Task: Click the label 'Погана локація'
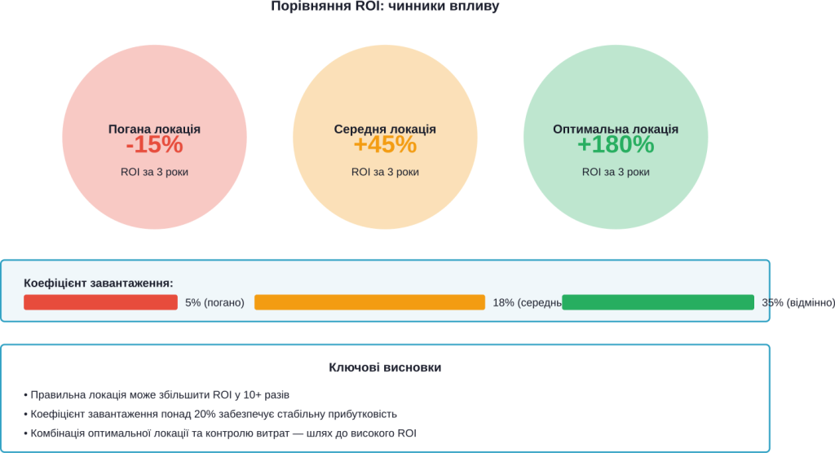point(154,130)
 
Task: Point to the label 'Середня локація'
point(385,130)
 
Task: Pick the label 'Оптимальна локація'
point(616,130)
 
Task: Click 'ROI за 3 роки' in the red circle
point(154,172)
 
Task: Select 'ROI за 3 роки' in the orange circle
point(385,172)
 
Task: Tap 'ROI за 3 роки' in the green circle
point(616,172)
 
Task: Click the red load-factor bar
point(100,302)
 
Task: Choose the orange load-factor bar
point(369,302)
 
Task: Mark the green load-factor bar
point(657,302)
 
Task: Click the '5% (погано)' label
point(214,303)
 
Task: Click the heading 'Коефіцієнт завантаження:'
point(99,284)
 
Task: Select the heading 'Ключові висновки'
point(385,368)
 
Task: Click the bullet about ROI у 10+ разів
point(157,394)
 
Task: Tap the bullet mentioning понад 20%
point(210,414)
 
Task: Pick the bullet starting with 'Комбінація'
point(220,433)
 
